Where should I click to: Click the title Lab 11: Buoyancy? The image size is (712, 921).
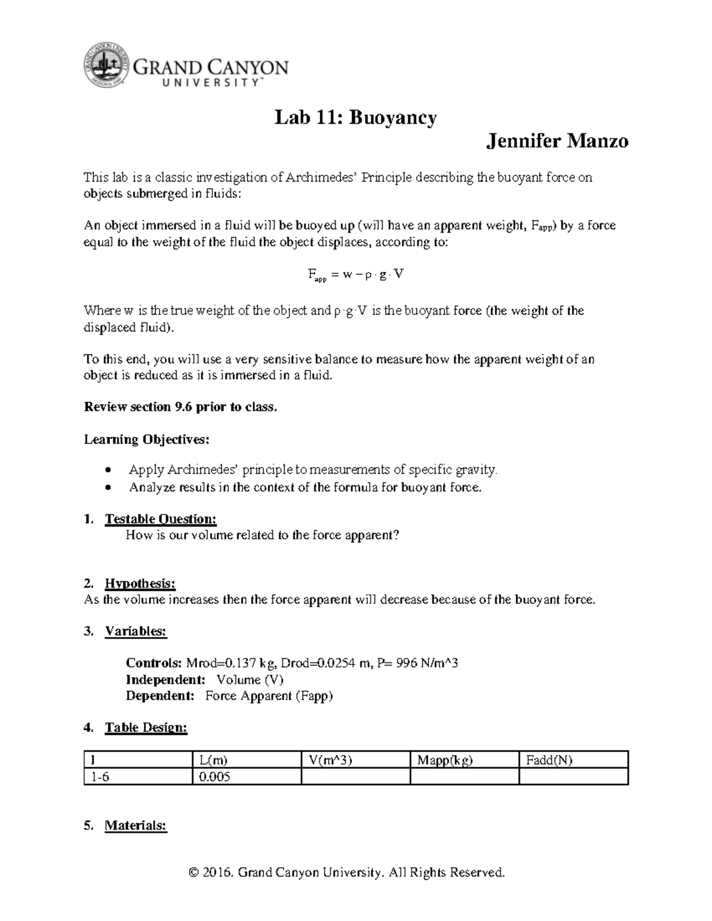pyautogui.click(x=355, y=117)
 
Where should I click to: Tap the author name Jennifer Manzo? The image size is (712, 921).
pyautogui.click(x=557, y=141)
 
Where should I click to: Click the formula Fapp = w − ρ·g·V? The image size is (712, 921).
pyautogui.click(x=355, y=275)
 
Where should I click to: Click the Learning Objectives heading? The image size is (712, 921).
pyautogui.click(x=147, y=439)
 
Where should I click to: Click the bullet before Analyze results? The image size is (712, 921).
pyautogui.click(x=107, y=488)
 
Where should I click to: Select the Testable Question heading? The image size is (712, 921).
pyautogui.click(x=160, y=520)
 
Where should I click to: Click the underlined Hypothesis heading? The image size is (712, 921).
pyautogui.click(x=140, y=584)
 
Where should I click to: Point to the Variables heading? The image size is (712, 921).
pyautogui.click(x=136, y=632)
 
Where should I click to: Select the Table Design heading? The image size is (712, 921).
pyautogui.click(x=146, y=728)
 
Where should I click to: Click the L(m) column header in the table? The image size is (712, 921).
pyautogui.click(x=214, y=760)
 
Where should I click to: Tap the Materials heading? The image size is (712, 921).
pyautogui.click(x=136, y=826)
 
